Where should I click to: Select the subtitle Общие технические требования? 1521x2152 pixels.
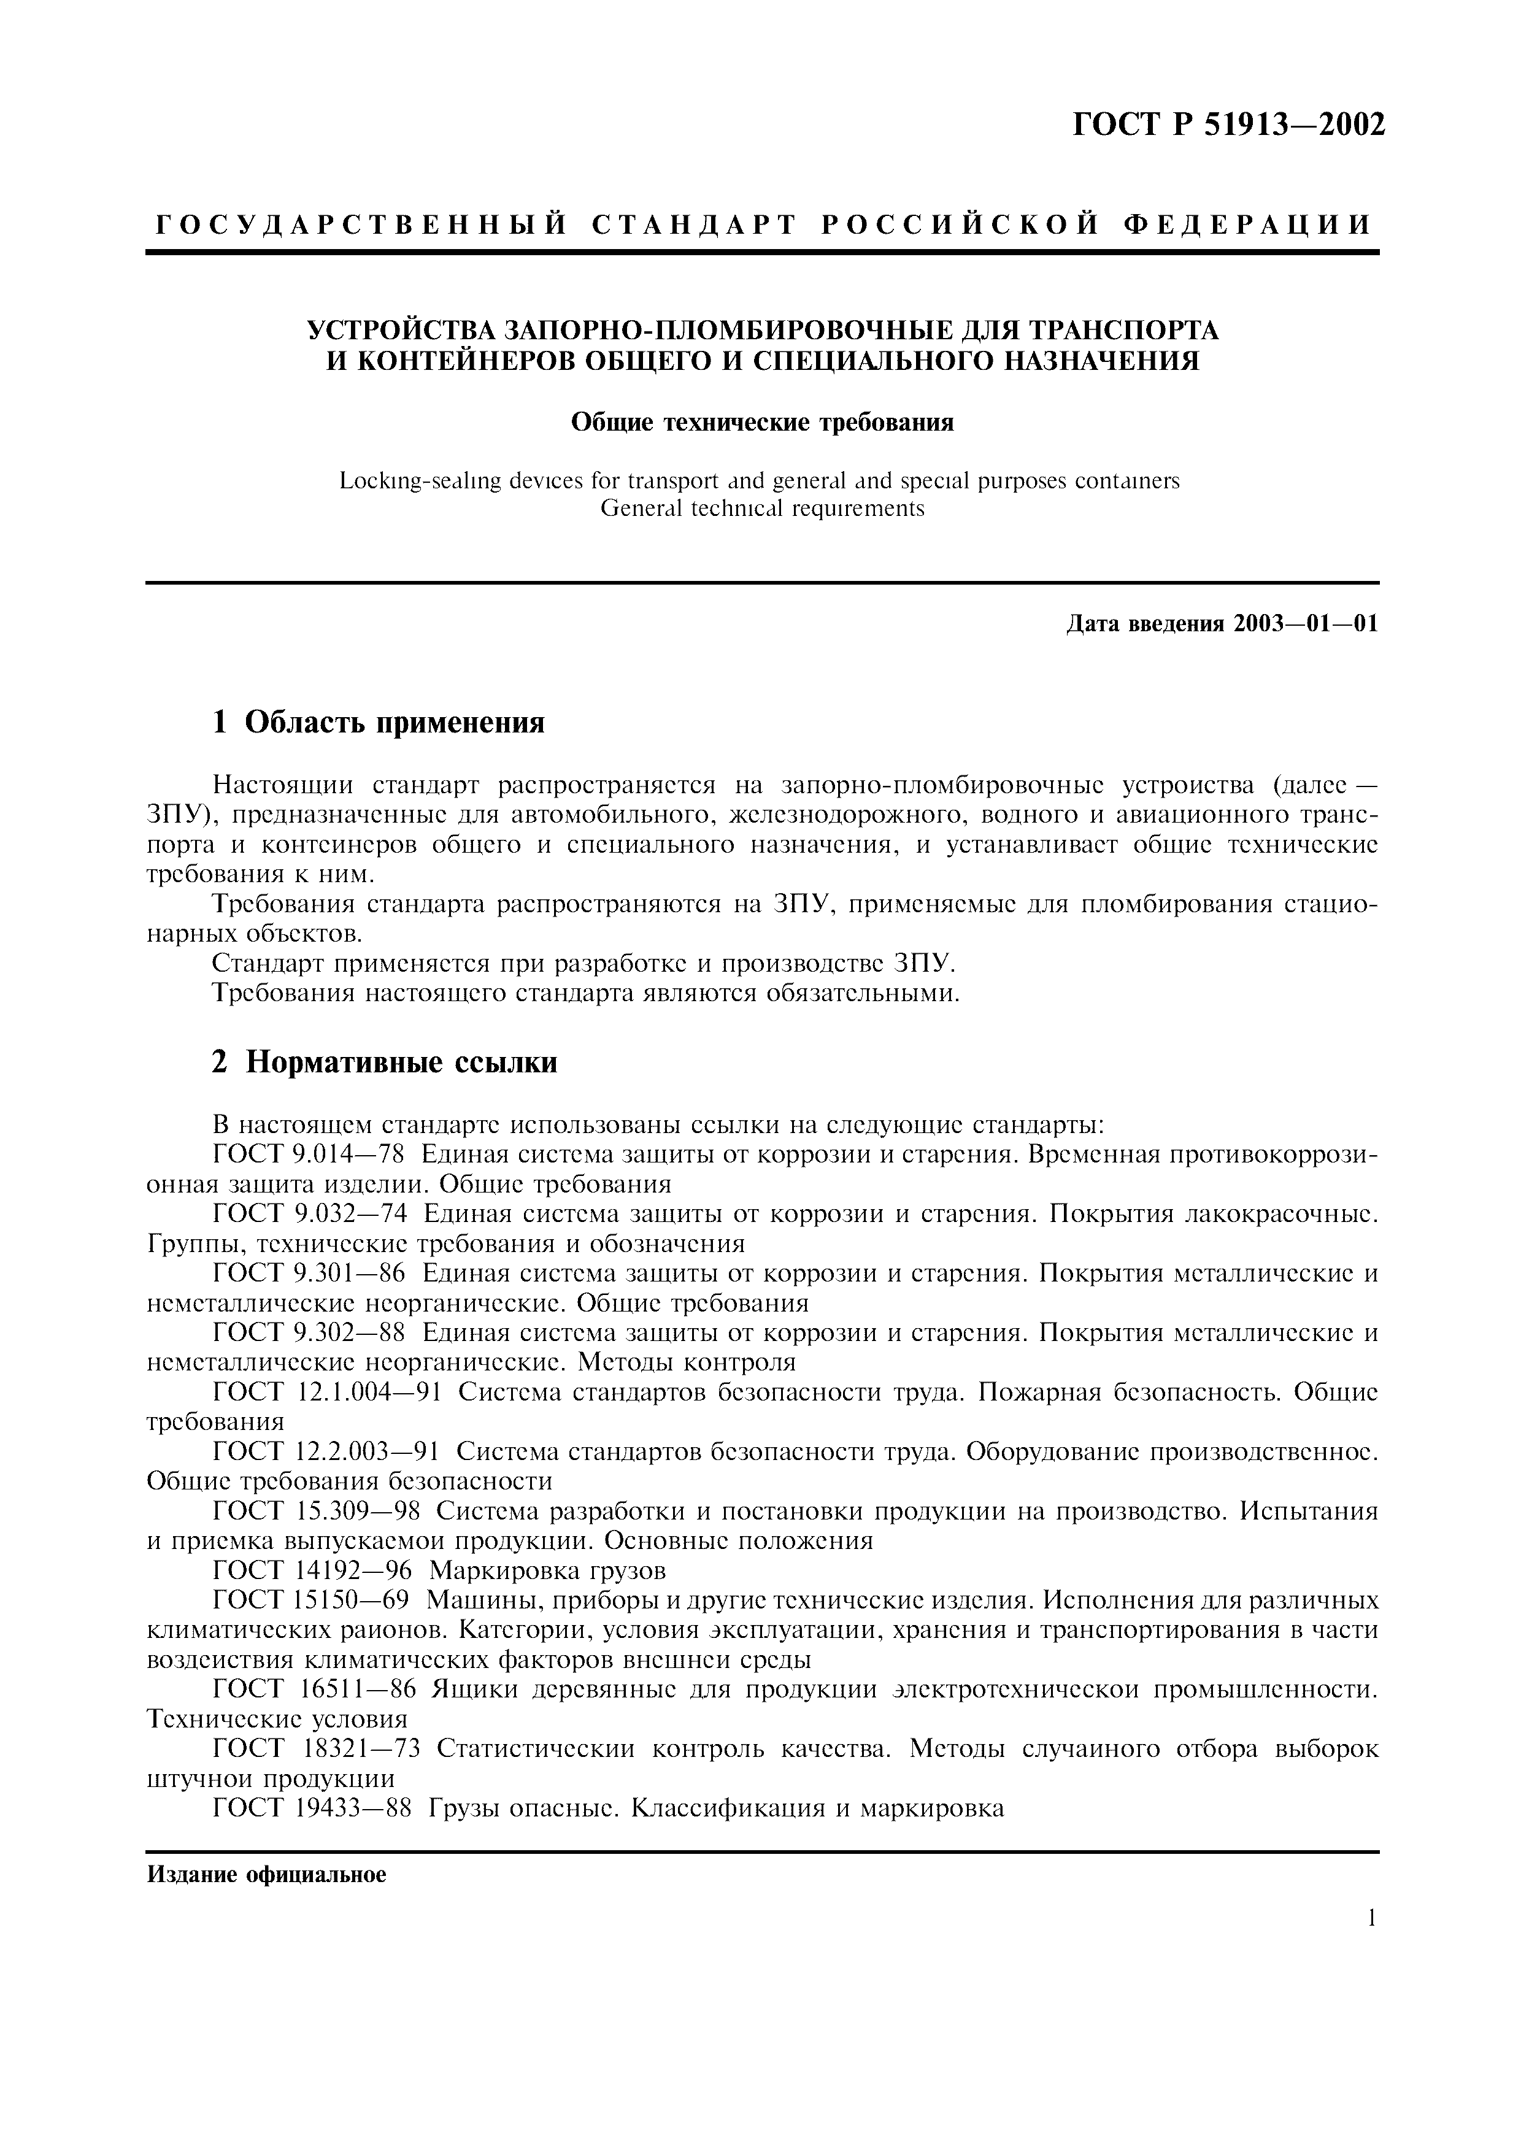tap(762, 423)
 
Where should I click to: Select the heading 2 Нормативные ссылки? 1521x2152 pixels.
tap(384, 1062)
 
